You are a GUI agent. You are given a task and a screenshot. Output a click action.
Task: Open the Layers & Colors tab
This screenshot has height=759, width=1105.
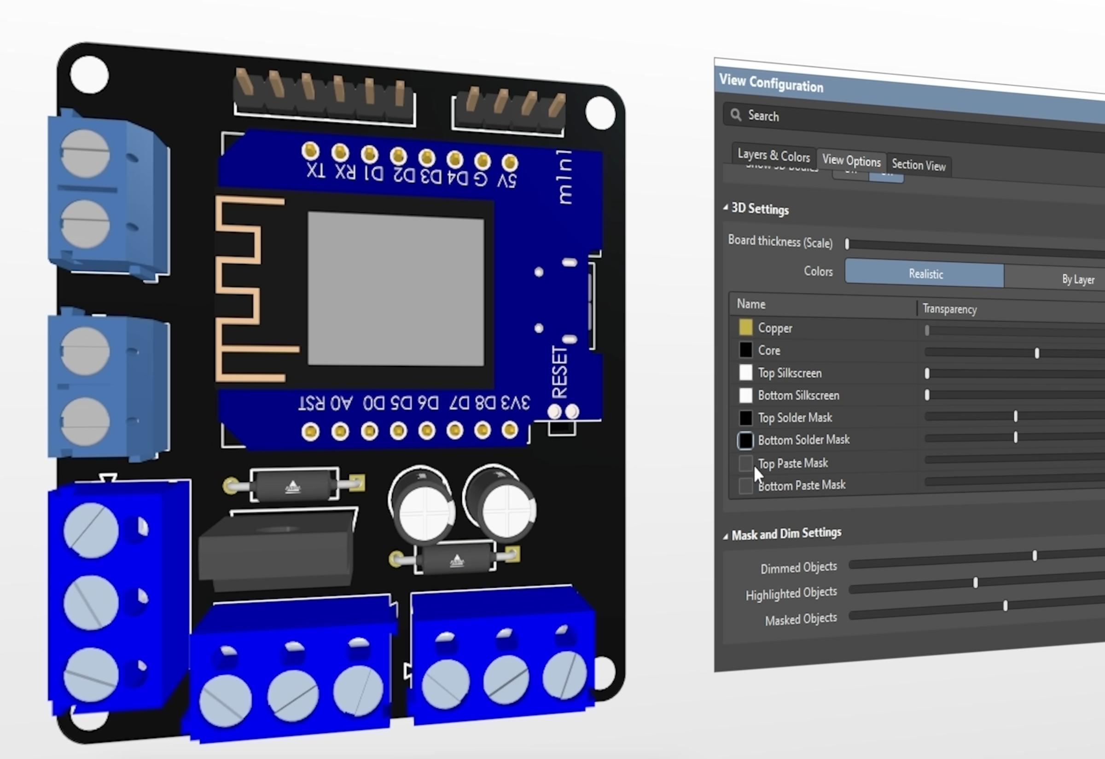coord(773,155)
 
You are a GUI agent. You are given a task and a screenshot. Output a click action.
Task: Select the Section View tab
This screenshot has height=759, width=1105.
coord(919,165)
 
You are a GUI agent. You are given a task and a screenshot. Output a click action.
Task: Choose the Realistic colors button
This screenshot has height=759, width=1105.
coord(925,273)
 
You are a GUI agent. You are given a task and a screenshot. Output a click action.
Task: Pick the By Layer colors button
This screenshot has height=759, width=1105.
coord(1077,279)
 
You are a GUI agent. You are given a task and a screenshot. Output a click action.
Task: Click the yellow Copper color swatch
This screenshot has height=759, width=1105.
coord(745,327)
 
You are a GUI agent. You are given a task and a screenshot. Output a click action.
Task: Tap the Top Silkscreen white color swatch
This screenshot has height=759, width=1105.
coord(745,372)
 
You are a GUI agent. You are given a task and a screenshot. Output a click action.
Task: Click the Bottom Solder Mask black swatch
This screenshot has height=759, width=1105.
coord(745,440)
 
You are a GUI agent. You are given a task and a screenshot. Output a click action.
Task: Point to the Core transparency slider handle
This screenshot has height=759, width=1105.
coord(1036,353)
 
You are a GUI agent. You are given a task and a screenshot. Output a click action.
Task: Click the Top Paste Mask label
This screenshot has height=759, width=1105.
coord(793,463)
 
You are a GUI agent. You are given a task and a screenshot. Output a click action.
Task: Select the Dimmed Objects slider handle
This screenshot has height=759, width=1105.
coord(1034,556)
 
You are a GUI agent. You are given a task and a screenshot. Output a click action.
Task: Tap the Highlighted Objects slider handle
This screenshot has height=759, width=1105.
coord(975,583)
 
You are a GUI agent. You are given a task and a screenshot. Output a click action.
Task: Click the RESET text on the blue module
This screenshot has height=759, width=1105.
coord(560,371)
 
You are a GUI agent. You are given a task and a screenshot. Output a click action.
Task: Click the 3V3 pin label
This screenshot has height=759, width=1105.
coord(515,403)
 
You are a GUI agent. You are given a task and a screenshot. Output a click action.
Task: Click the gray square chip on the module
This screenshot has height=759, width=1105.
coord(396,289)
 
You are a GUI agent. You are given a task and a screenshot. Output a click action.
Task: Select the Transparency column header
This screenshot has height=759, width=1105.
coord(949,309)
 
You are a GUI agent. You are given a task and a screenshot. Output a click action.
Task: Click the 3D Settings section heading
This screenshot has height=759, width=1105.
coord(760,209)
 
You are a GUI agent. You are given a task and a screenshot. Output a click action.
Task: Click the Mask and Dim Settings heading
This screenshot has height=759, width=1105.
coord(786,534)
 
